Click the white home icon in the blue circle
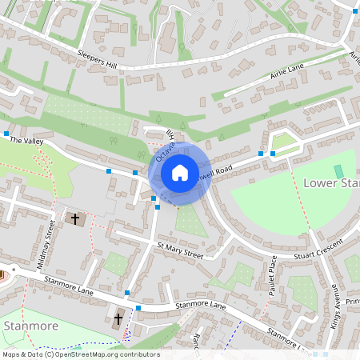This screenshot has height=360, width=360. (180, 172)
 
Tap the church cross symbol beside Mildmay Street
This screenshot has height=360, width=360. (76, 218)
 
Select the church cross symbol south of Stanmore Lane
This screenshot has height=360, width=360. (118, 318)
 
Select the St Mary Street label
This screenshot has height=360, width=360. (180, 250)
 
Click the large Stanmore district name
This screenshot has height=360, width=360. (30, 326)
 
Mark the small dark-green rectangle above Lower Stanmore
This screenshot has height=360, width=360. (338, 171)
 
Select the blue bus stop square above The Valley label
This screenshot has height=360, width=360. (6, 133)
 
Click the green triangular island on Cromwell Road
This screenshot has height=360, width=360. (285, 144)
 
